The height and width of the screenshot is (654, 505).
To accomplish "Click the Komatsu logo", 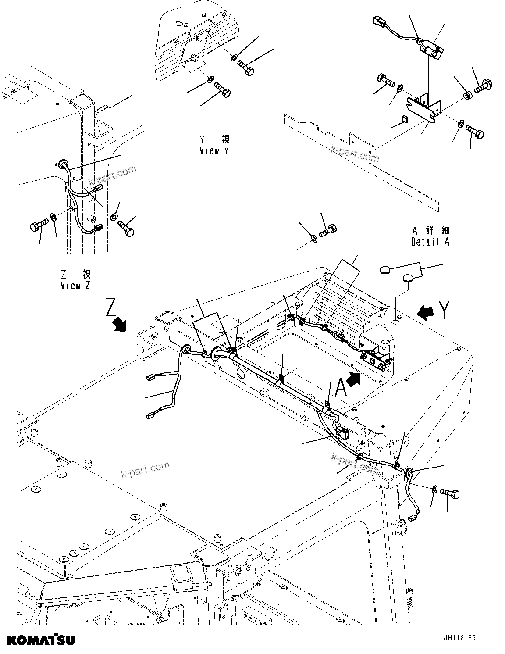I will pos(40,639).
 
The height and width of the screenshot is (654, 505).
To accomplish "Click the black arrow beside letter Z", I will pos(119,325).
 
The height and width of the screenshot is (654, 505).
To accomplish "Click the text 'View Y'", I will pos(215,151).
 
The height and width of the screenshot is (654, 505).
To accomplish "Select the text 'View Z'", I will pos(76,286).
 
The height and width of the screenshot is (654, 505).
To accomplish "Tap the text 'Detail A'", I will pos(430,242).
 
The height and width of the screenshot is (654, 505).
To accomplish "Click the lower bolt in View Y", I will pos(222,91).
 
